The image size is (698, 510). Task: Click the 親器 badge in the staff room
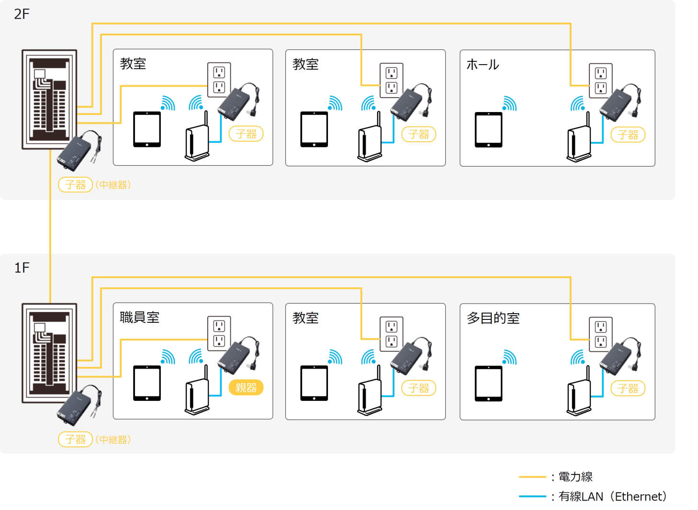click(x=246, y=387)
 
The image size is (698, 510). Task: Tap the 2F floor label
click(x=22, y=14)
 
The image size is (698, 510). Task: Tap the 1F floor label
click(x=22, y=268)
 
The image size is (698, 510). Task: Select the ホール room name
click(x=483, y=65)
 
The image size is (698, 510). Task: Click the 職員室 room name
click(x=139, y=317)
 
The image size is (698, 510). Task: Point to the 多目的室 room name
click(x=493, y=318)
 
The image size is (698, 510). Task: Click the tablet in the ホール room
click(x=488, y=130)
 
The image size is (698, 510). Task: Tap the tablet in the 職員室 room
click(x=147, y=383)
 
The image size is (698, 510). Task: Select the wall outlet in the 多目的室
click(x=600, y=334)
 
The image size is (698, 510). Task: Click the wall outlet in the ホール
click(x=600, y=80)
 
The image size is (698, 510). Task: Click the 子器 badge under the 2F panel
click(x=75, y=185)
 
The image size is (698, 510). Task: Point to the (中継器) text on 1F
click(x=113, y=440)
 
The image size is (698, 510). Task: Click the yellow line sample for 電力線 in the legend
click(x=532, y=477)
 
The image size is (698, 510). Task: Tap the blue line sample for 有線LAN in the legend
click(x=532, y=497)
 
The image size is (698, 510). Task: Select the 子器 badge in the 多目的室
click(x=628, y=388)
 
